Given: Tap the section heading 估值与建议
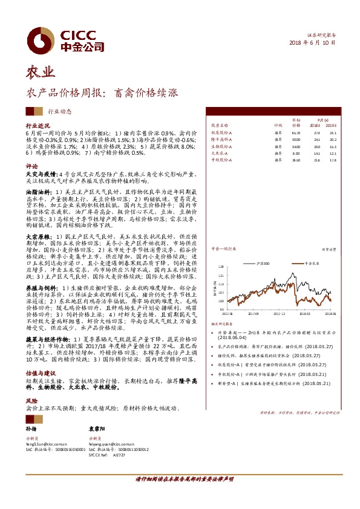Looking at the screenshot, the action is click(39, 374).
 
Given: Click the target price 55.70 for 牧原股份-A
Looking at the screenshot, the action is click(296, 132).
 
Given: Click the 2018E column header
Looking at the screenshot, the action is click(315, 125).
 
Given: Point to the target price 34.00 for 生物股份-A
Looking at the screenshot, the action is click(296, 146).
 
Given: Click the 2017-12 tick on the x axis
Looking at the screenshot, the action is click(278, 314).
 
